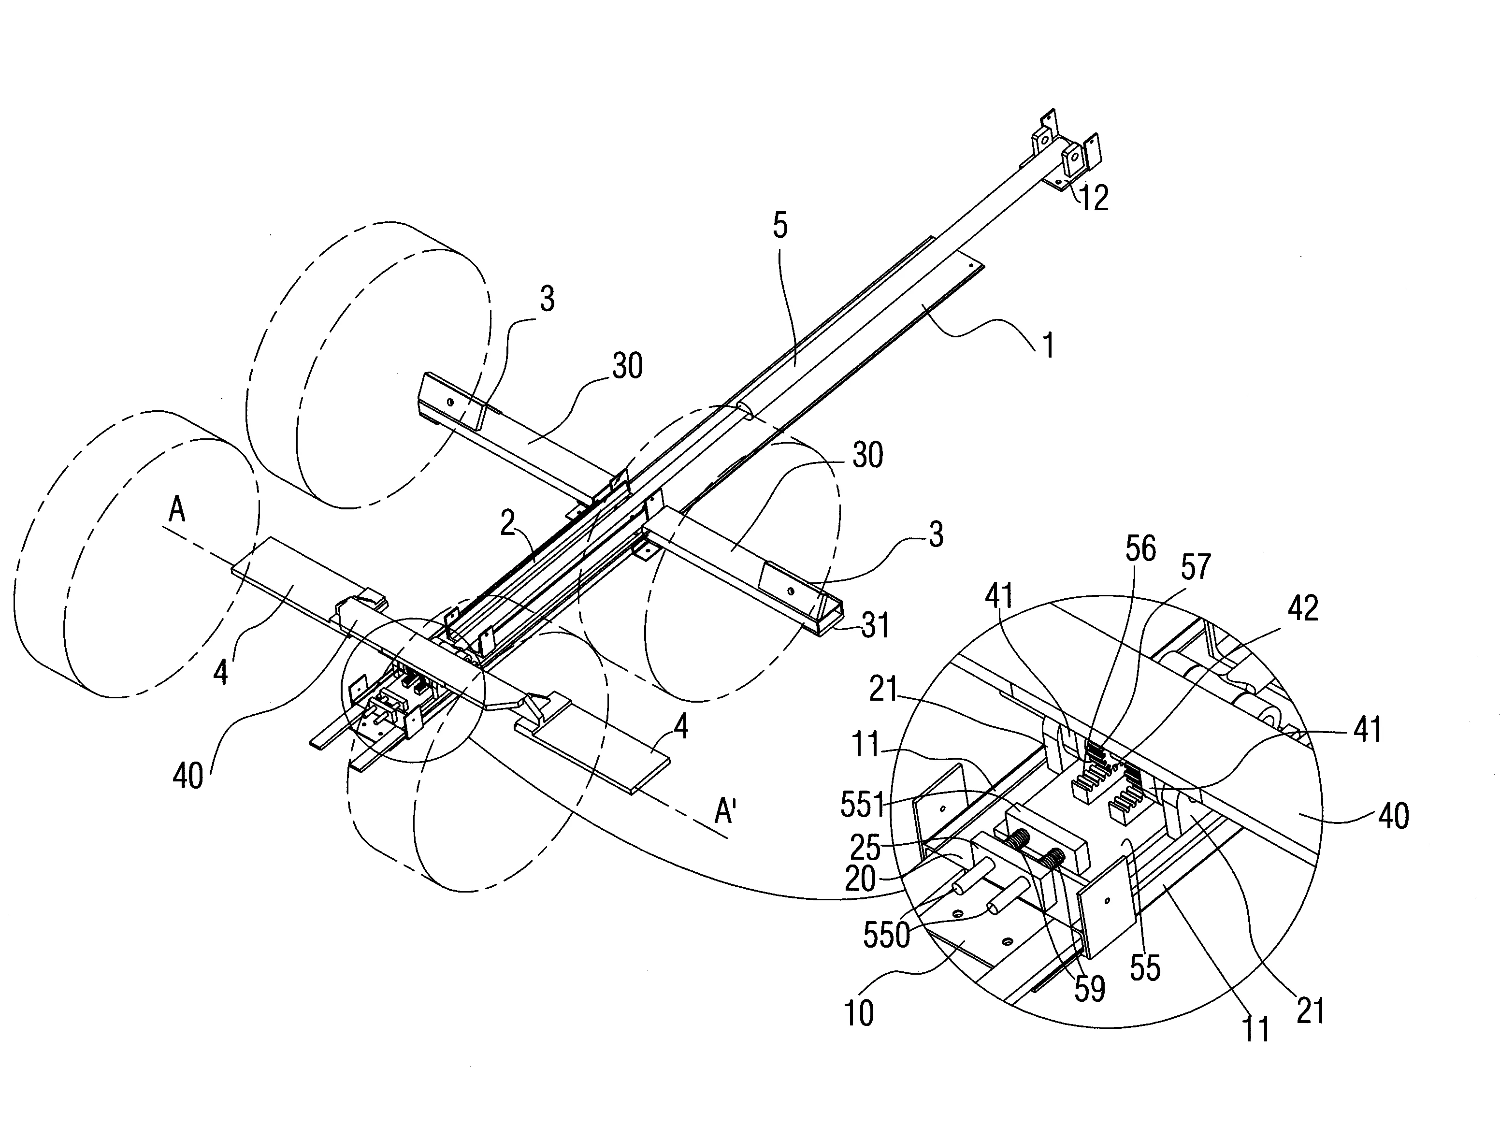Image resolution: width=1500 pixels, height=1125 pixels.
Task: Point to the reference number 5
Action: (780, 225)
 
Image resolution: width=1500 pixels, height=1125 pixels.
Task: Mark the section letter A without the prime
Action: (176, 510)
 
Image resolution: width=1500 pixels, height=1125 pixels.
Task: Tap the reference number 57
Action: (1196, 567)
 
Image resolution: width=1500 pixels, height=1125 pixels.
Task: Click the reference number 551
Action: (863, 805)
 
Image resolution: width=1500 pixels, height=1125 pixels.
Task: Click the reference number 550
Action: (886, 935)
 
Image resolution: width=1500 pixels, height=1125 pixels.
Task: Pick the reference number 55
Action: (1145, 968)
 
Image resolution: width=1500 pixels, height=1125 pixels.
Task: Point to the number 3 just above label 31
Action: (936, 535)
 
